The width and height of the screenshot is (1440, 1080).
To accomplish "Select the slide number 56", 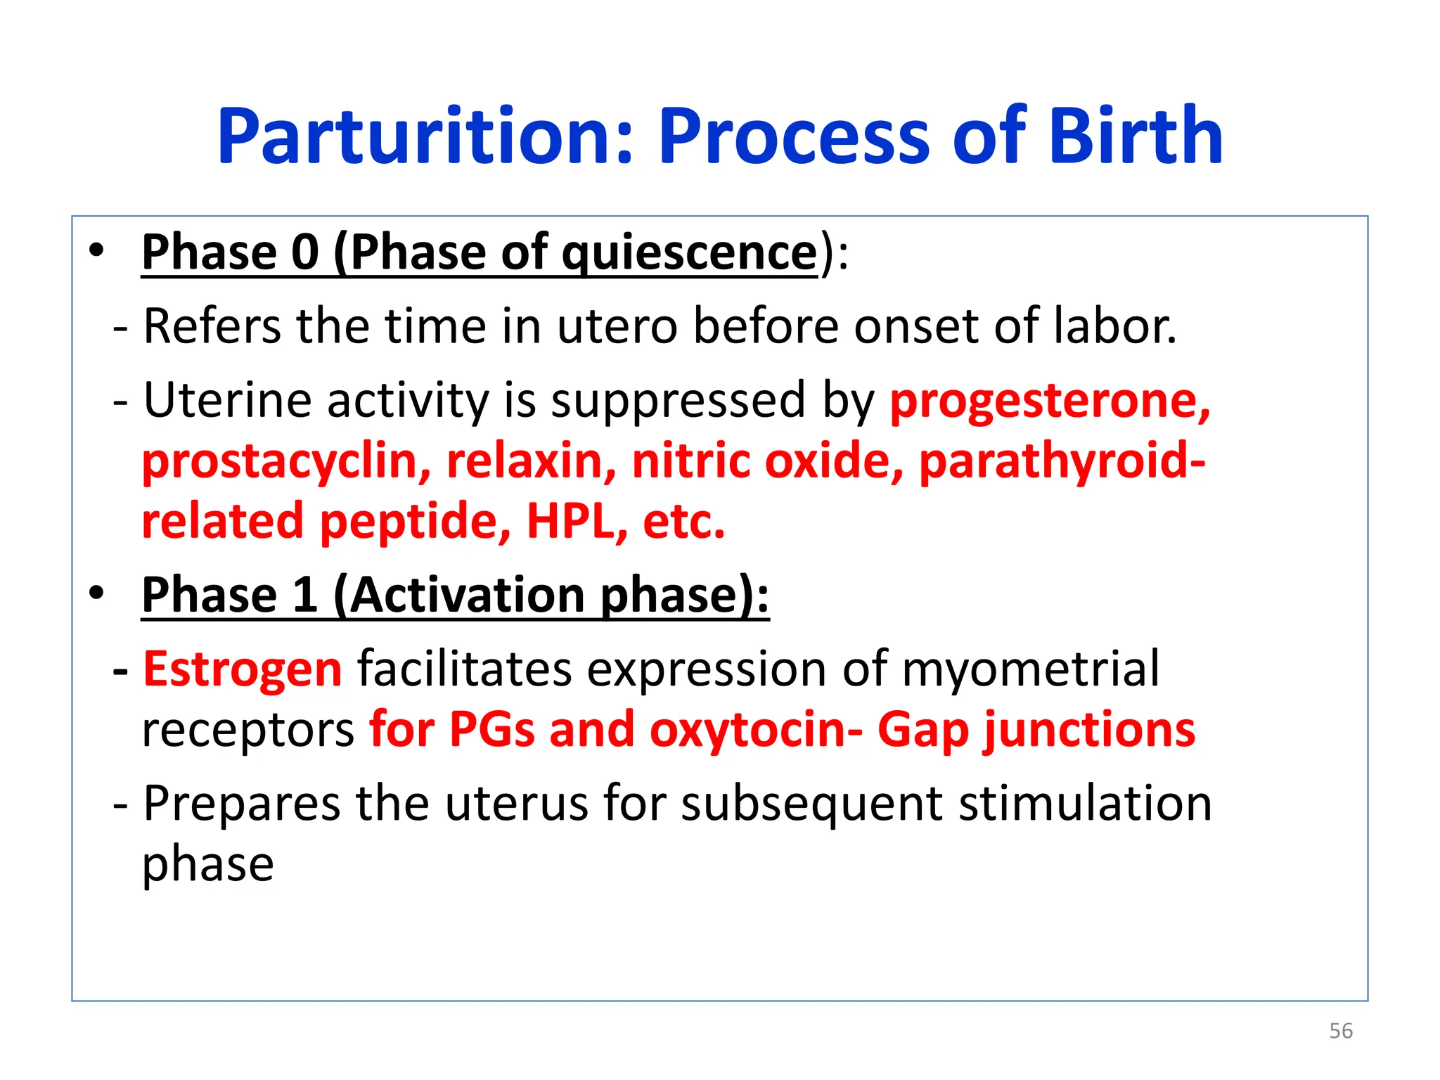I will [1341, 1031].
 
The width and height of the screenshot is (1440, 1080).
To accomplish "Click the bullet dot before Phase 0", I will [97, 250].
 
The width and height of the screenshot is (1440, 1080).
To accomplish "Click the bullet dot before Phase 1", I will [97, 593].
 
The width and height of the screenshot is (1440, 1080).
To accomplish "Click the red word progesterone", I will [1050, 401].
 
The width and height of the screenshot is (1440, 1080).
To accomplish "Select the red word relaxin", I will [532, 461].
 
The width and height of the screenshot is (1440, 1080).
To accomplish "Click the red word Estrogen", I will [243, 668].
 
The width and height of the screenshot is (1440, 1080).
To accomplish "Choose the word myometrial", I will [1030, 668].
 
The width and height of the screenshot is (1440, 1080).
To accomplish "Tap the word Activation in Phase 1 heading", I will [467, 595].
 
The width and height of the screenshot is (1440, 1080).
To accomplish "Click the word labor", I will [1114, 326].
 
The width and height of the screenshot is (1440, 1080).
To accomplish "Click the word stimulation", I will [1086, 803].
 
